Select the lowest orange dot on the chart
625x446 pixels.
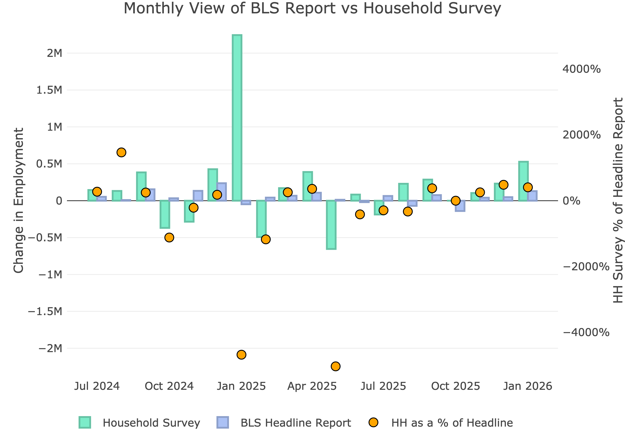pyautogui.click(x=335, y=366)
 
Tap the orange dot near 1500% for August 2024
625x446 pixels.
pyautogui.click(x=121, y=152)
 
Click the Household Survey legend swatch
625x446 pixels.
pyautogui.click(x=85, y=423)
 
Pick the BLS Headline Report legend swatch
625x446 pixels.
pyautogui.click(x=222, y=423)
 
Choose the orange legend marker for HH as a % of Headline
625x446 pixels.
pyautogui.click(x=373, y=423)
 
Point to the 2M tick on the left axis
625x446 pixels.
pyautogui.click(x=55, y=53)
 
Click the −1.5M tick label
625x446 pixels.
pyautogui.click(x=45, y=312)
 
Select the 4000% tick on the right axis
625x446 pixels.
pyautogui.click(x=581, y=69)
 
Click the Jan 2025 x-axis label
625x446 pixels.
pyautogui.click(x=241, y=386)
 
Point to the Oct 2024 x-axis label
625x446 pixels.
pyautogui.click(x=169, y=386)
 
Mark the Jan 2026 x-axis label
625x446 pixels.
pyautogui.click(x=527, y=386)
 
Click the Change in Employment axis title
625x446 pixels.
pyautogui.click(x=19, y=200)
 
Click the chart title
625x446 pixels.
pyautogui.click(x=312, y=8)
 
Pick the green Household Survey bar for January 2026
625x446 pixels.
pyautogui.click(x=523, y=181)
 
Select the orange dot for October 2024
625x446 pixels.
pyautogui.click(x=169, y=237)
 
